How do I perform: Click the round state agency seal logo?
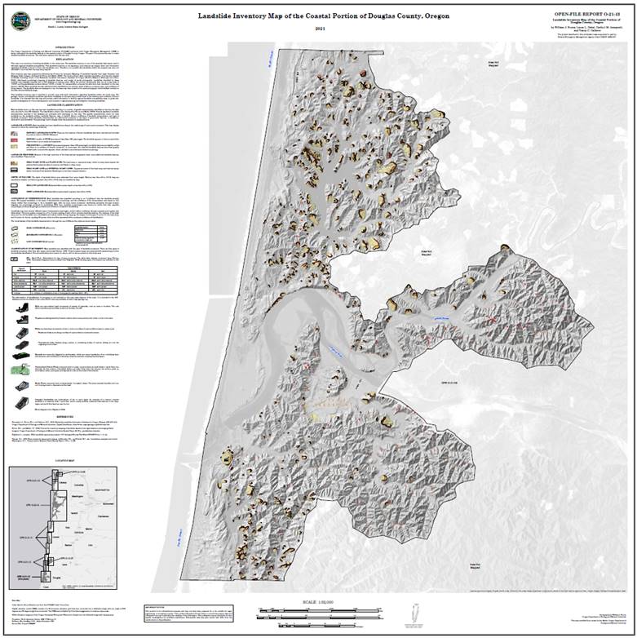pos(17,14)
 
